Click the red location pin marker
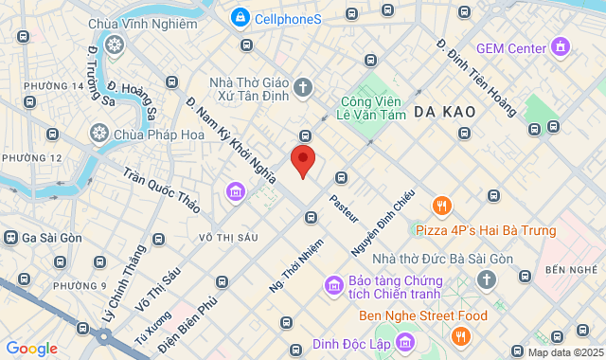[302, 160]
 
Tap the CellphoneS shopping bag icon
[240, 18]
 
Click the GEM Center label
[511, 47]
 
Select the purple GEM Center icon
[561, 46]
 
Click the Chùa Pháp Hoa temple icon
[98, 134]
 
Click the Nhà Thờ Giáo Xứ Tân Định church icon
[303, 88]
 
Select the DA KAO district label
[444, 112]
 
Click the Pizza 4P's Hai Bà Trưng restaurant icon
[441, 206]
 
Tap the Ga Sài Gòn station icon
[11, 237]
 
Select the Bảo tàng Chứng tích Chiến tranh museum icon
[333, 285]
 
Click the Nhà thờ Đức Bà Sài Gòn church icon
[486, 279]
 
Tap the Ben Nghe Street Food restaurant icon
[460, 336]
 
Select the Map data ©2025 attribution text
[564, 352]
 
